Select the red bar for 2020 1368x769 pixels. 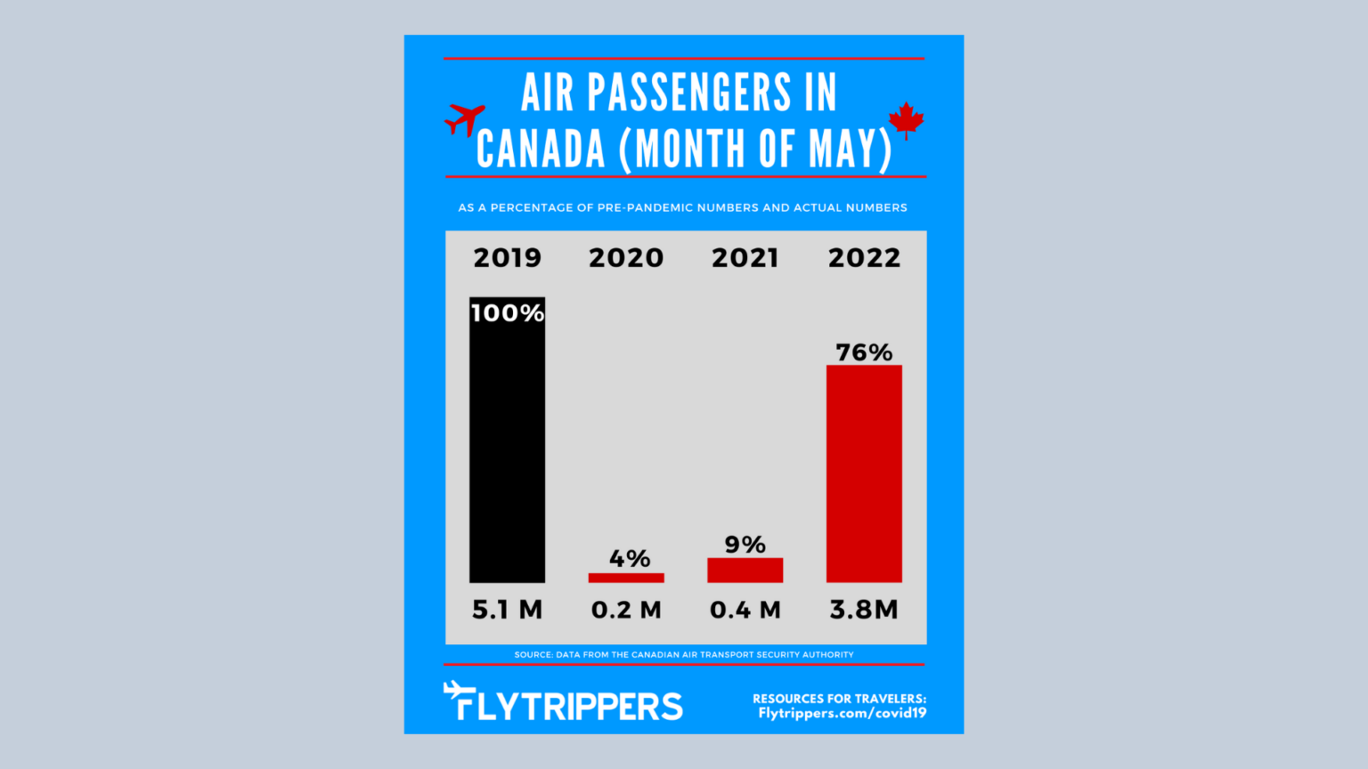(x=626, y=578)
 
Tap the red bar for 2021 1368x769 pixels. (x=745, y=571)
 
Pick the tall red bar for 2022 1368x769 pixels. (x=864, y=474)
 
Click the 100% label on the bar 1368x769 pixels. (x=507, y=313)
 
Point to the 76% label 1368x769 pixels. (x=864, y=352)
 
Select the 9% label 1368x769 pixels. (x=745, y=545)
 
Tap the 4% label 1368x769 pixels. (x=630, y=559)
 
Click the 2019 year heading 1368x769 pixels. (x=507, y=258)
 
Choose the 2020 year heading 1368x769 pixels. (x=626, y=258)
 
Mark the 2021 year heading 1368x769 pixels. (x=745, y=258)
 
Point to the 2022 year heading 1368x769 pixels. (x=864, y=258)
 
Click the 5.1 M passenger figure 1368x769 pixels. (x=507, y=610)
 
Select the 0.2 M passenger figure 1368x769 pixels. (x=626, y=610)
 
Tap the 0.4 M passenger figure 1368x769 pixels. (x=745, y=610)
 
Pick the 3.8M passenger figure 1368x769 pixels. (x=864, y=610)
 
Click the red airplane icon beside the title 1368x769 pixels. (x=465, y=118)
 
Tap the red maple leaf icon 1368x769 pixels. (x=907, y=120)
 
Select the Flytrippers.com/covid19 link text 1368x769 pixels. (x=842, y=713)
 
